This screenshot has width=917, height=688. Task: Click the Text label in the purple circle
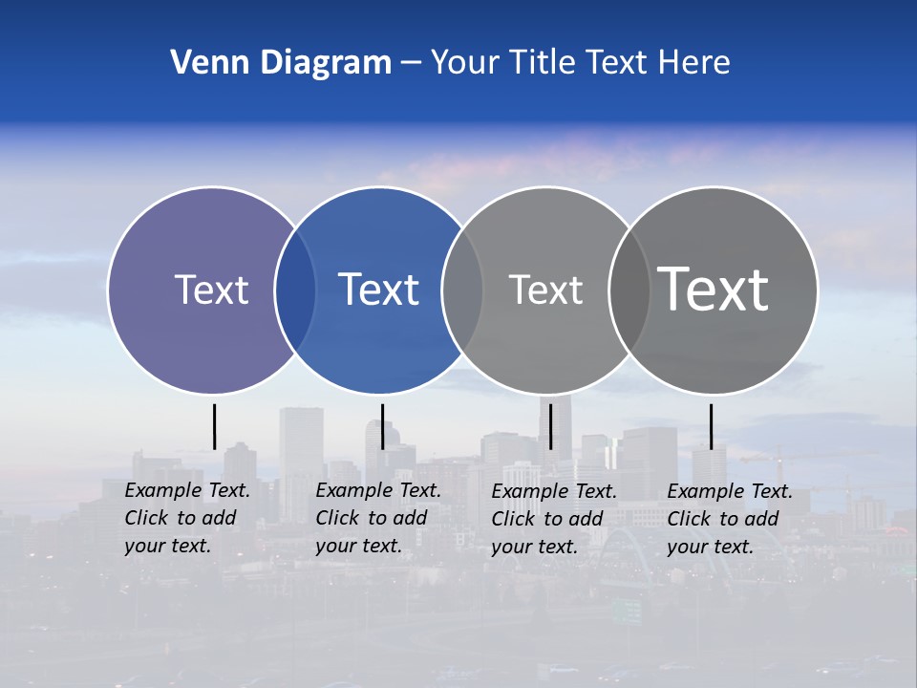click(211, 290)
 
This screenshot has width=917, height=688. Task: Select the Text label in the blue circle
click(379, 290)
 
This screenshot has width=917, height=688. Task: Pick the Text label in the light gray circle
click(545, 290)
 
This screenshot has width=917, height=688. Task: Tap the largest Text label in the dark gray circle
click(714, 289)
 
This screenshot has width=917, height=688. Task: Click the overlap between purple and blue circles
click(296, 290)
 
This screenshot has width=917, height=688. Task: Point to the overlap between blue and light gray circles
click(462, 290)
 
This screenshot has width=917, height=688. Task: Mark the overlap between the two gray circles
click(629, 290)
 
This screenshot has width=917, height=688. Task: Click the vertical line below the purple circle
click(214, 426)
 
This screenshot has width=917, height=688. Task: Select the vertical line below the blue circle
click(382, 426)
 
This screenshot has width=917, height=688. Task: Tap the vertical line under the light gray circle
click(550, 426)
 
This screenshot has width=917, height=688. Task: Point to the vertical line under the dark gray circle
click(711, 426)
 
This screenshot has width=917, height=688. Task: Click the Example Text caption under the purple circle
click(186, 518)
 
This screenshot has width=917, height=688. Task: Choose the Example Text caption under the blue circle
click(377, 518)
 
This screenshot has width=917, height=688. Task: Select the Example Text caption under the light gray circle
click(553, 519)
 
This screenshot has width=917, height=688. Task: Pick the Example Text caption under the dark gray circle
click(729, 519)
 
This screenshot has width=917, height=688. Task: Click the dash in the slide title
click(411, 64)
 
